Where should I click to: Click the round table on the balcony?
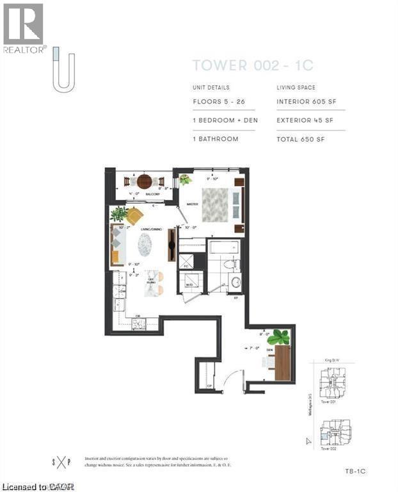point(145,181)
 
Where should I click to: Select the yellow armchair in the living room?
point(134,216)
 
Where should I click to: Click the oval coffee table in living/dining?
point(147,243)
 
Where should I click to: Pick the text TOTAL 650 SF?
point(301,138)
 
